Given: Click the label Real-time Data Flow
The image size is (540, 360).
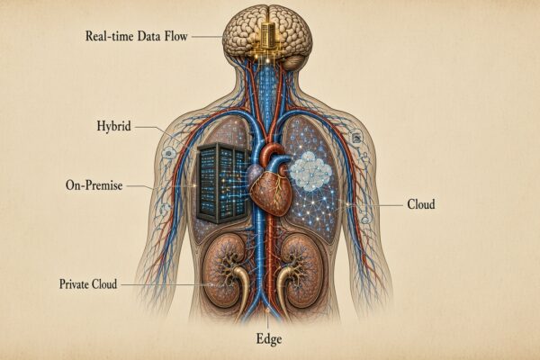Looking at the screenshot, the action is pyautogui.click(x=137, y=36).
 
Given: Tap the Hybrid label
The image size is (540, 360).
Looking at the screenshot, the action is pyautogui.click(x=113, y=126).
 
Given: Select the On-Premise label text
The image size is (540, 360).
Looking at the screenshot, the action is pyautogui.click(x=94, y=185).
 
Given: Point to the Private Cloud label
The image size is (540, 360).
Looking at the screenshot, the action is pyautogui.click(x=88, y=284).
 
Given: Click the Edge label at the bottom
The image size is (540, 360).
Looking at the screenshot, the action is pyautogui.click(x=269, y=339).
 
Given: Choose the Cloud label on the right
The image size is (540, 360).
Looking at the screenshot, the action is pyautogui.click(x=421, y=204).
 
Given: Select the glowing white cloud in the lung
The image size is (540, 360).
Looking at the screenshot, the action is pyautogui.click(x=310, y=171).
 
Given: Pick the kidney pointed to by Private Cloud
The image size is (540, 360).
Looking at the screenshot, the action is pyautogui.click(x=224, y=272).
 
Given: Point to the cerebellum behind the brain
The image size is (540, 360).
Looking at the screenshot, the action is pyautogui.click(x=293, y=62).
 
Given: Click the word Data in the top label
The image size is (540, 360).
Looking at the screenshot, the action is pyautogui.click(x=149, y=36).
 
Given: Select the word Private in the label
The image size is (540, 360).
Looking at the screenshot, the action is pyautogui.click(x=71, y=284).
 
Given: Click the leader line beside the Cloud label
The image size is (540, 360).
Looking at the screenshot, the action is pyautogui.click(x=374, y=205).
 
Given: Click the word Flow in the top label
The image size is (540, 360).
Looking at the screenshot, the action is pyautogui.click(x=176, y=36).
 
